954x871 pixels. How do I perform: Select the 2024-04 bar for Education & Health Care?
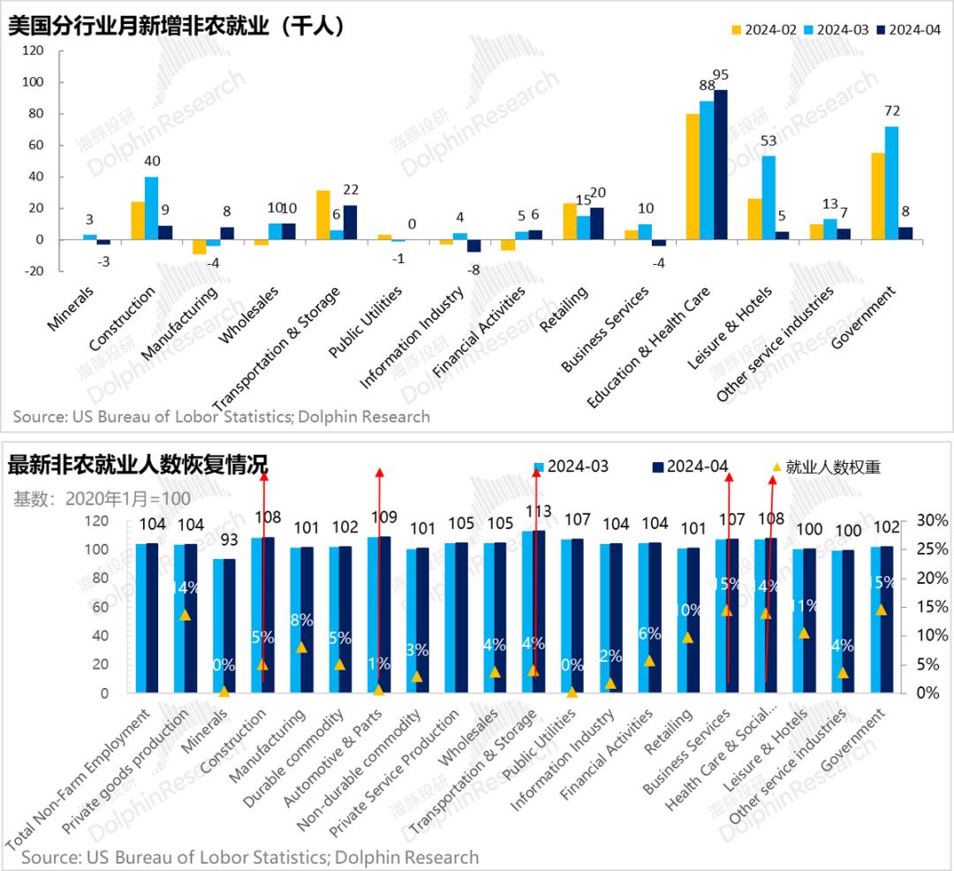721,164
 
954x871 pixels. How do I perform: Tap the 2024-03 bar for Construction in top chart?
152,208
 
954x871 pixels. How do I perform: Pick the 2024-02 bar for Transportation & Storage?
322,215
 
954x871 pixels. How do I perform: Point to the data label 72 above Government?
891,111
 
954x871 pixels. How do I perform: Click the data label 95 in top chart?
721,74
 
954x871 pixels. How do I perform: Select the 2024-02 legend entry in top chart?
764,29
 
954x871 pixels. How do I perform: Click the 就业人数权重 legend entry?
825,466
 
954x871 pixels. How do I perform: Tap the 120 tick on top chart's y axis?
32,50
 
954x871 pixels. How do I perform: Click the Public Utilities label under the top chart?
366,322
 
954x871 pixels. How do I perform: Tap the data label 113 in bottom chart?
538,511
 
